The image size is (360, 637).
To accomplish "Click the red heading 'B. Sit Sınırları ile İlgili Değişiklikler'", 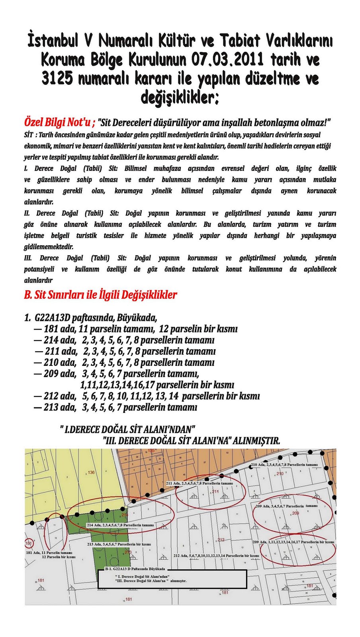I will tap(101, 295).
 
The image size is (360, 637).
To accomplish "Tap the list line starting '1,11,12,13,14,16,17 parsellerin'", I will tap(157, 385).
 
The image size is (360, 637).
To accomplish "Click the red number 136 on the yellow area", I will tap(91, 473).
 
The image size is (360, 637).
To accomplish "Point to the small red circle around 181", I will tap(28, 543).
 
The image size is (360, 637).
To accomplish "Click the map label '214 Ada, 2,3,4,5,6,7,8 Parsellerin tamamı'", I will tap(120, 525).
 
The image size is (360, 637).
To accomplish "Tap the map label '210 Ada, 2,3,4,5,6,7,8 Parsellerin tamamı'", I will tap(284, 465).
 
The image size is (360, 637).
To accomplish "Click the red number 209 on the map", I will tap(295, 513).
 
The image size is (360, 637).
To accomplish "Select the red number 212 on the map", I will tap(221, 540).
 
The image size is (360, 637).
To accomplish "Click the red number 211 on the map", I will tap(215, 492).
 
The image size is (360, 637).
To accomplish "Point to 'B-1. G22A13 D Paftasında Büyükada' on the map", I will tap(135, 569).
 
